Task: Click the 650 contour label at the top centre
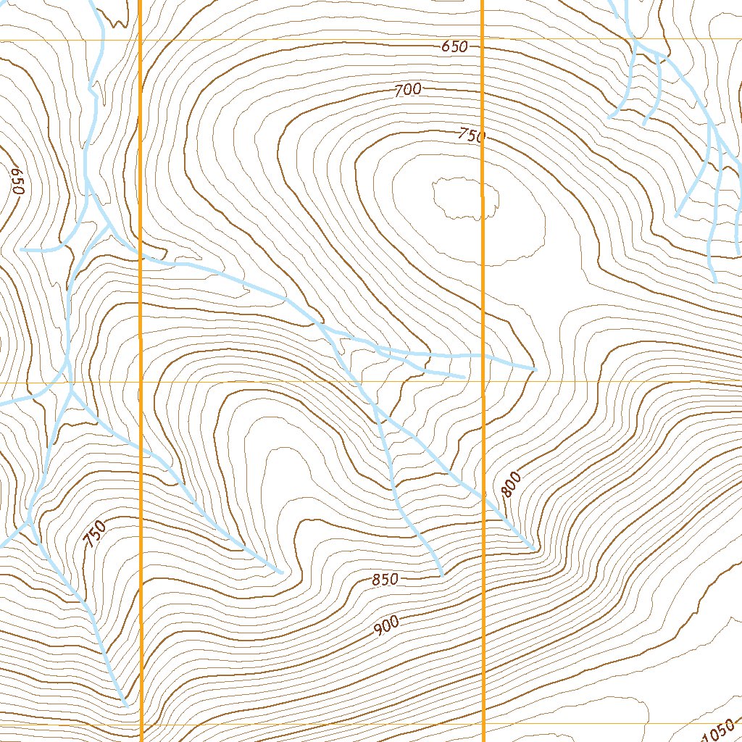(x=454, y=47)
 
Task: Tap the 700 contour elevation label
(x=408, y=91)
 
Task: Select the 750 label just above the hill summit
(x=470, y=136)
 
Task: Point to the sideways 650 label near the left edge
(x=18, y=181)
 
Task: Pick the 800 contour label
(x=511, y=484)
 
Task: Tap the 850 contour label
(x=385, y=580)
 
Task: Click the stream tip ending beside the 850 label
(x=441, y=575)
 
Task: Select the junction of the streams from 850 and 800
(x=378, y=418)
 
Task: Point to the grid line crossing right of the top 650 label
(x=483, y=39)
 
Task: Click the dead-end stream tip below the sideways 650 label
(x=22, y=249)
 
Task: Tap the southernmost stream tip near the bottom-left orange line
(x=126, y=705)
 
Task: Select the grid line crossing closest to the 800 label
(x=483, y=382)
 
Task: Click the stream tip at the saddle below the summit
(x=535, y=370)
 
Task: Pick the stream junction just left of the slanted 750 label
(x=30, y=520)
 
